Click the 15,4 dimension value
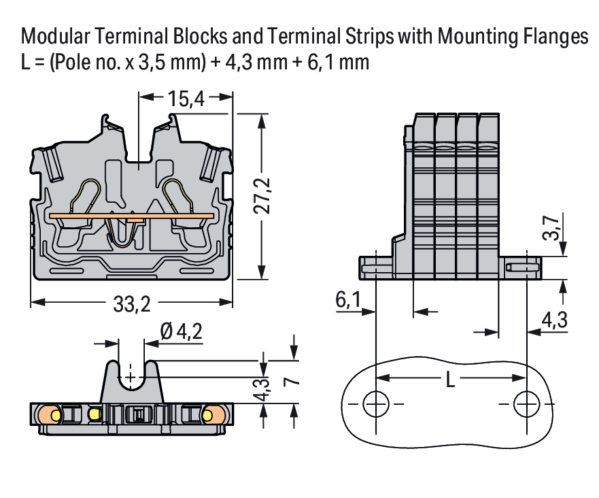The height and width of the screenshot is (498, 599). tap(186, 99)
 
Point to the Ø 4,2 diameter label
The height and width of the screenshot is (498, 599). tap(181, 333)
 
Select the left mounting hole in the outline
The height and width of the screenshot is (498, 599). tap(374, 404)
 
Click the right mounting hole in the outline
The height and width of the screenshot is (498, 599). tap(525, 404)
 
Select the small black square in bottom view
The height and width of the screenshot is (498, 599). tap(138, 414)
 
